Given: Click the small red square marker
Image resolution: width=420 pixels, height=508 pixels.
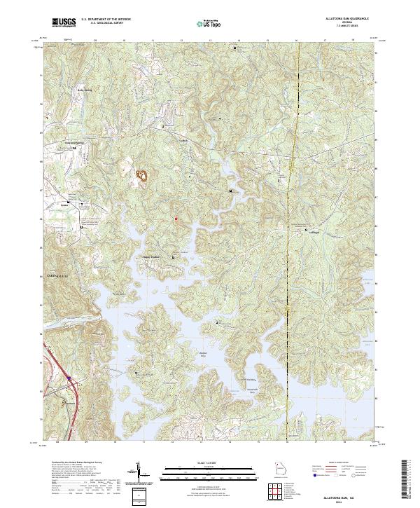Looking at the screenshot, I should pos(176,219).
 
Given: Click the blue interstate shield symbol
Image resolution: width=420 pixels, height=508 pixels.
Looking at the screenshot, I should pos(69,379).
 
